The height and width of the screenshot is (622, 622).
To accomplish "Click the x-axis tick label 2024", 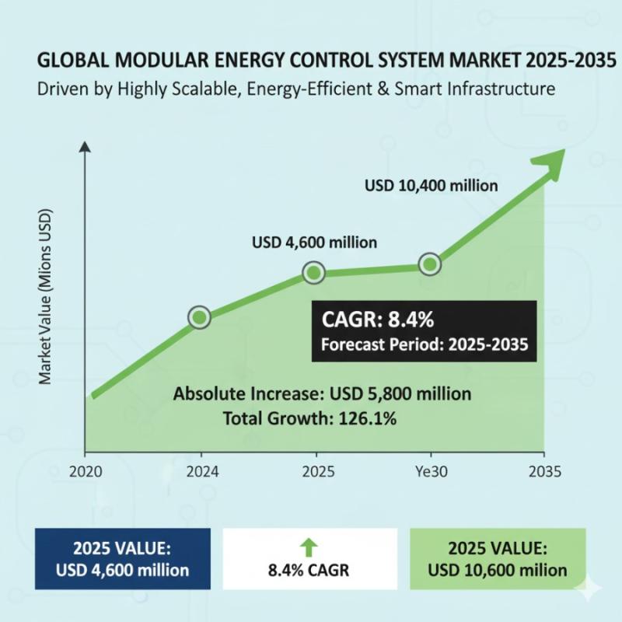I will [201, 470].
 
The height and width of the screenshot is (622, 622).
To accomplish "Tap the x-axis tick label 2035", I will [543, 470].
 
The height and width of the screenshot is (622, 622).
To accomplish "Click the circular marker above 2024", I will [200, 317].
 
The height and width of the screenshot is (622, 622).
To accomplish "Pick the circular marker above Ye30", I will [430, 264].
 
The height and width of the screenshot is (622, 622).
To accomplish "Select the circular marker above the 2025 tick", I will [314, 273].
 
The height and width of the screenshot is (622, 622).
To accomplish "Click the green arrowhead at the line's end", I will [548, 161].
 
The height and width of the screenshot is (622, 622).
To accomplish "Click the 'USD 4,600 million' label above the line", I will [314, 243].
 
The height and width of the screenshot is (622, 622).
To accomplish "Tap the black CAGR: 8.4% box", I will [425, 331].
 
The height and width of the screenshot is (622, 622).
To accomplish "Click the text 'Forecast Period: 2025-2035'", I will [425, 344].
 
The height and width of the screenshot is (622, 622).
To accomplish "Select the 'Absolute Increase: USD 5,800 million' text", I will [323, 393].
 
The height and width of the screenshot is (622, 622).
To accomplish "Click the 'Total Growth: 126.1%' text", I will [310, 418].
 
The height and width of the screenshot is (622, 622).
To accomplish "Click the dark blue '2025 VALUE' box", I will [122, 557].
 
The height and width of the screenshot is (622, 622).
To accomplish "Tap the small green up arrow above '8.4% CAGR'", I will [309, 546].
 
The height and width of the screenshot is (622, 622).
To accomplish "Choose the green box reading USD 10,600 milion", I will [497, 557].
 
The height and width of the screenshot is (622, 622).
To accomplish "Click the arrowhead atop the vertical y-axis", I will [85, 145].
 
